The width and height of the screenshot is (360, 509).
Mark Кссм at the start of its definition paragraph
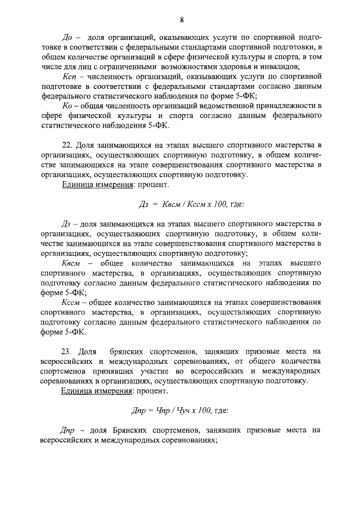[70, 304]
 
